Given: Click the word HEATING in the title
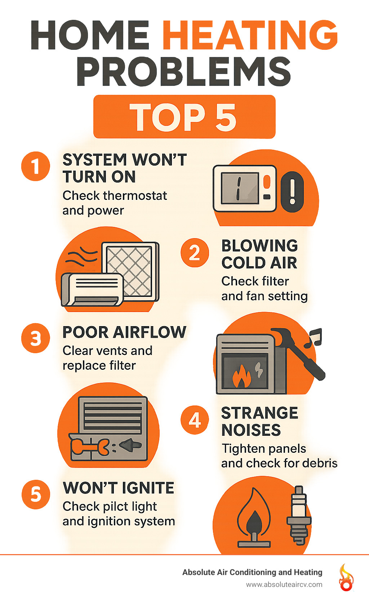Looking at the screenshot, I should coord(250,35).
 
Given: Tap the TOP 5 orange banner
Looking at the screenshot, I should coord(184,117).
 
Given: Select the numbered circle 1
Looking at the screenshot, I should coord(35,166).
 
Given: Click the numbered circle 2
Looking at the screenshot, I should coord(195,253).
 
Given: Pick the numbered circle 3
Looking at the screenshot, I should coord(35,338).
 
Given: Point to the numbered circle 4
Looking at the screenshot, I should coord(195,420).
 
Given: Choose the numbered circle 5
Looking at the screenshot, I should coord(35,494).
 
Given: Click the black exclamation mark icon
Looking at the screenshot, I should coord(292,192).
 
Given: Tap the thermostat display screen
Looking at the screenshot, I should coord(240,188).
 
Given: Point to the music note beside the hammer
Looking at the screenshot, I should coord(313,338).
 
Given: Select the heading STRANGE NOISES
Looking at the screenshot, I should coord(259,421).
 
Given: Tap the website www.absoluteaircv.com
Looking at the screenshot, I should coord(284,584).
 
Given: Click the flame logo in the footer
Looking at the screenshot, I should coord(346,578).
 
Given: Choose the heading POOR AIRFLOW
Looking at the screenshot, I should coord(124,332).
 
